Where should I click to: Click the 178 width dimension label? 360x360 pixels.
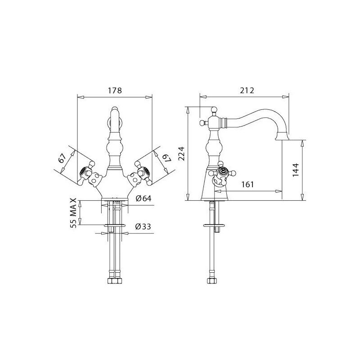115,90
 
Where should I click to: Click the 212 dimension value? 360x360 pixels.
247,90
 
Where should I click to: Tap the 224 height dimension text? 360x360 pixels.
182,154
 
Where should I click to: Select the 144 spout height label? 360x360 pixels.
296,170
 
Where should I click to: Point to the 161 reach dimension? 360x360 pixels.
247,184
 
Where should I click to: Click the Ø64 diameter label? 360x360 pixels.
144,198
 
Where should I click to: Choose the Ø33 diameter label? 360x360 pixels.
143,227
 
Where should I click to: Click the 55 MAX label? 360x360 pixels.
73,213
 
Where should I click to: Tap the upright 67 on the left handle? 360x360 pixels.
62,158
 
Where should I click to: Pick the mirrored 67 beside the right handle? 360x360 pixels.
167,158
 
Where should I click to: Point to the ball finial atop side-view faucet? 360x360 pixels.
214,109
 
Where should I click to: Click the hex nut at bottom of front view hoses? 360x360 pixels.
114,280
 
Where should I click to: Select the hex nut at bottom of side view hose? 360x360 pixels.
212,280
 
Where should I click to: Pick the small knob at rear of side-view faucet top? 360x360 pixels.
202,123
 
